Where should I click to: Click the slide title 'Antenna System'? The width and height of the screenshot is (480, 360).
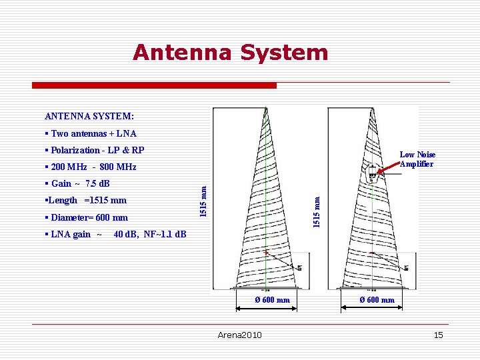click(x=230, y=52)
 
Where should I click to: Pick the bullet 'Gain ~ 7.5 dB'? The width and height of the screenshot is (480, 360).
click(x=78, y=183)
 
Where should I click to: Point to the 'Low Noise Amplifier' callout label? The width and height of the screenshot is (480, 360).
click(x=417, y=159)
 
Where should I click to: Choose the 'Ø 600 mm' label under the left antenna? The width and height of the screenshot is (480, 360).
click(x=273, y=300)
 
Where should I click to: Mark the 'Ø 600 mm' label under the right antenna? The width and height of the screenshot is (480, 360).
click(x=377, y=300)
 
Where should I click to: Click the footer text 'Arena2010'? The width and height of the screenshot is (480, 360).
click(x=240, y=335)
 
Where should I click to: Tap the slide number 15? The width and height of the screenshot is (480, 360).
click(x=438, y=335)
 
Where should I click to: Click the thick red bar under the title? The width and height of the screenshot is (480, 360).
click(x=155, y=85)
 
